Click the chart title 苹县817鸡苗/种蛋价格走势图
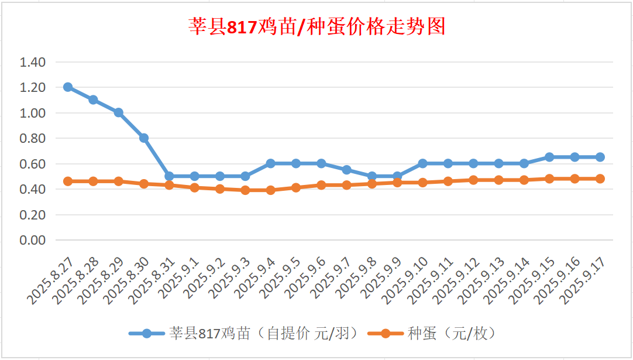[316, 27]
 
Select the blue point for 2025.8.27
[68, 87]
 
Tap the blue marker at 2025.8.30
[144, 138]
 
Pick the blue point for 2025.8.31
[169, 176]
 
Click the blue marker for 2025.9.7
[346, 170]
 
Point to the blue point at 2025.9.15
[549, 157]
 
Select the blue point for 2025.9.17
[600, 157]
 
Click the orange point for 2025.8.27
[68, 181]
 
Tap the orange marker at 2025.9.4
[270, 190]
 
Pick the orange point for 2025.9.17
[600, 179]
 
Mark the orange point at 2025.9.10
[422, 183]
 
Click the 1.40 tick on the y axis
[33, 62]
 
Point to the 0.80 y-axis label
[33, 139]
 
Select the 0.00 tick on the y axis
[33, 241]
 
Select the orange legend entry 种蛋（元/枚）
[450, 334]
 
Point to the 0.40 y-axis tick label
[33, 190]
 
